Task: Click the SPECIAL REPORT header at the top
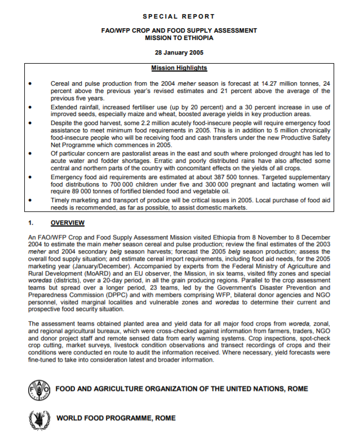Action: point(179,16)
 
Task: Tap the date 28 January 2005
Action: point(179,52)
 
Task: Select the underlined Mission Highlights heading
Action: point(179,68)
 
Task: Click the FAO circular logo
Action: point(39,390)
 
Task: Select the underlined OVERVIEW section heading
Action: point(68,222)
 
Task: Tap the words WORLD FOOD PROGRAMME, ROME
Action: point(115,419)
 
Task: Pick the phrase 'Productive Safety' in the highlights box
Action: point(305,137)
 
